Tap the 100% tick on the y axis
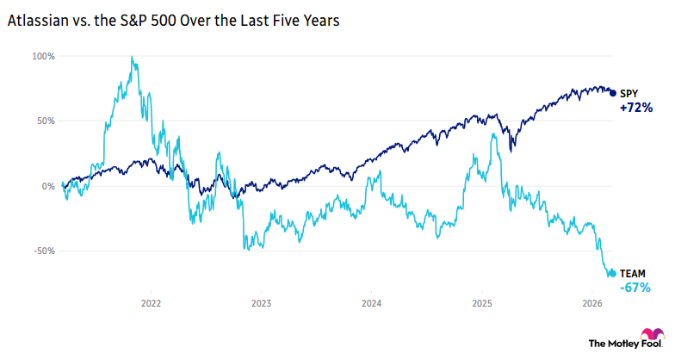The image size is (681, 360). point(44,56)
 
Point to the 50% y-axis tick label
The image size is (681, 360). point(46,121)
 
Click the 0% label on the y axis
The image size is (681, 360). point(49,186)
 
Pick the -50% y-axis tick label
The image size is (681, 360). point(44,251)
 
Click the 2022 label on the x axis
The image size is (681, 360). point(151,303)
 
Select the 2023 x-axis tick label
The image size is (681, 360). point(261,303)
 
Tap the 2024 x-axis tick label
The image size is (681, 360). point(371,303)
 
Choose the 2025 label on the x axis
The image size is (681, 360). point(481,303)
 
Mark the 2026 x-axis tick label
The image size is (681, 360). point(591,303)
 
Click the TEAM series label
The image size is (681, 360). point(634,273)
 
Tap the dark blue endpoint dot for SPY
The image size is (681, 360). point(612,92)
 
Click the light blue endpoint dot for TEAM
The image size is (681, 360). point(612,273)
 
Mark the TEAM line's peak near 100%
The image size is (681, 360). point(132,58)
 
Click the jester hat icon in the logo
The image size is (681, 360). point(651,336)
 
